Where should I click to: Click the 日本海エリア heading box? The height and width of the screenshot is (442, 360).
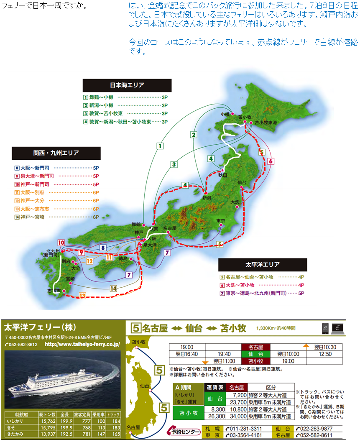(x=127, y=85)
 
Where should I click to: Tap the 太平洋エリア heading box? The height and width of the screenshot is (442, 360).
(x=263, y=265)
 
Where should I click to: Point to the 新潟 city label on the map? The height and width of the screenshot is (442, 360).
(x=207, y=197)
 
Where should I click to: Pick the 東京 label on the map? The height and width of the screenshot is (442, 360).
(x=221, y=220)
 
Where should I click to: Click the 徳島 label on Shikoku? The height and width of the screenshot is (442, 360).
(x=122, y=258)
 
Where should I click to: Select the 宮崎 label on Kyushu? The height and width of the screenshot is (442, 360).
(x=70, y=278)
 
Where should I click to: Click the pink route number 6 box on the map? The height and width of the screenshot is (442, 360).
(x=271, y=161)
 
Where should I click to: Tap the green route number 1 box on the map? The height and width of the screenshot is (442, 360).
(x=160, y=146)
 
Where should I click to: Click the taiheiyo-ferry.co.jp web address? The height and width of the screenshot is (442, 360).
(x=82, y=345)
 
